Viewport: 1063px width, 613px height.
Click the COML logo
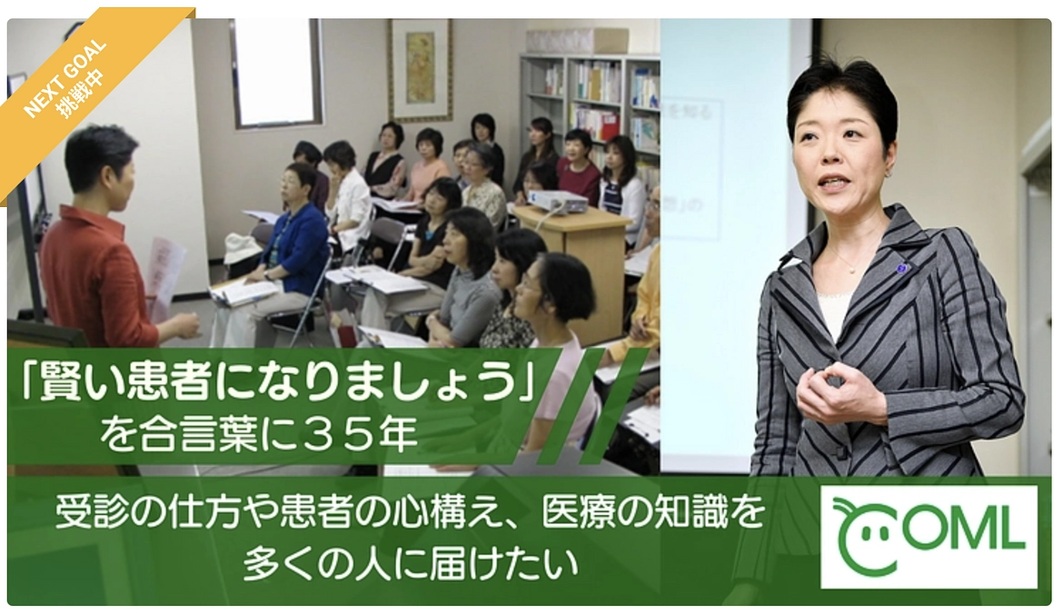point(928,536)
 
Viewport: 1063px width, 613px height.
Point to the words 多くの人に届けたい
point(411,565)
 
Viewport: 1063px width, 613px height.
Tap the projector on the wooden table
point(557,202)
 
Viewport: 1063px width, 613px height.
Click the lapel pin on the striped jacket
point(902,268)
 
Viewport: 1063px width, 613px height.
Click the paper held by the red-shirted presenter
point(164,269)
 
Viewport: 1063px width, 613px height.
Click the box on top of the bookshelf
point(576,40)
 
